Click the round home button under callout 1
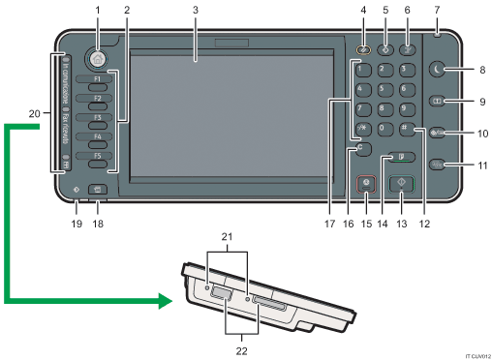coord(95,57)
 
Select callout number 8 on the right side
coord(480,71)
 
